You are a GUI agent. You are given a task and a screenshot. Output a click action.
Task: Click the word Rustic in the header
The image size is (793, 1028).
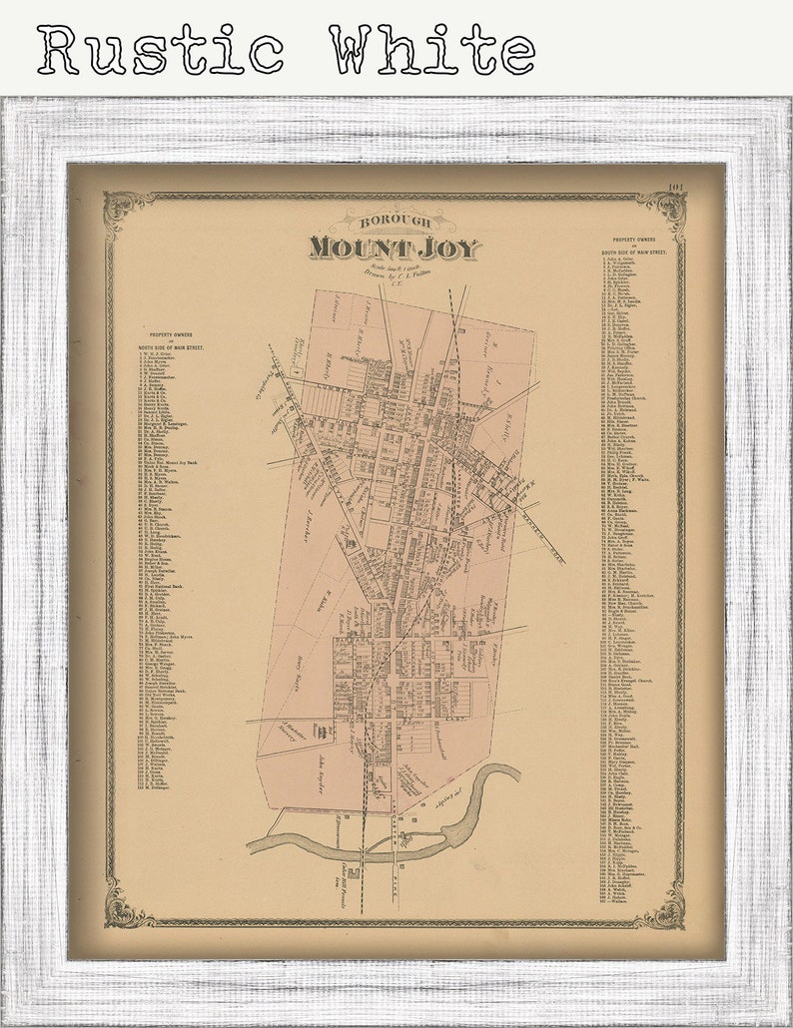[160, 50]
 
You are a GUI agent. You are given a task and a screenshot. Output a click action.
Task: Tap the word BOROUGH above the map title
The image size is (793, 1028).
[394, 222]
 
